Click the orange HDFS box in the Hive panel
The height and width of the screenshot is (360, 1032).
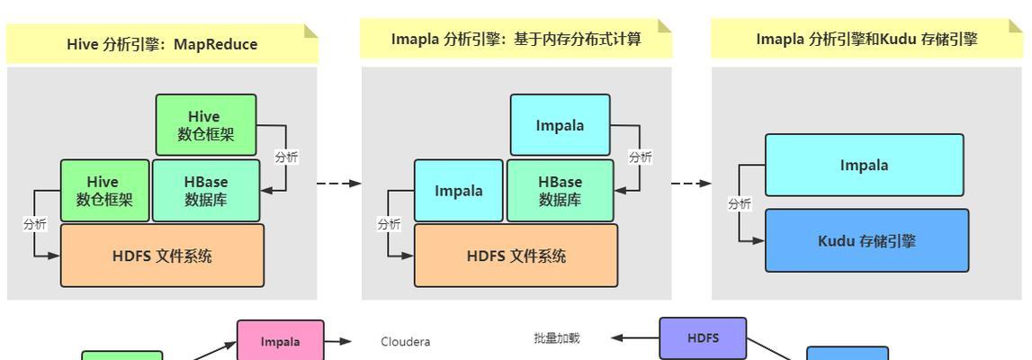pos(162,256)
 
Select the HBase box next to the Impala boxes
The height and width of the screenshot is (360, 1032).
pos(561,190)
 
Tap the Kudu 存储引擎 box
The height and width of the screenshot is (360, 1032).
pos(866,241)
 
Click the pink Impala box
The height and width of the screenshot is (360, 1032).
pos(281,340)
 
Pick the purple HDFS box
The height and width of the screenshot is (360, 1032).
pos(703,337)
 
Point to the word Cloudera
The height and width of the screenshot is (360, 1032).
pos(406,342)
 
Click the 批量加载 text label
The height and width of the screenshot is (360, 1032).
pos(557,338)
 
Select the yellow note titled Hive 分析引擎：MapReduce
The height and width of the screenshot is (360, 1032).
pos(162,44)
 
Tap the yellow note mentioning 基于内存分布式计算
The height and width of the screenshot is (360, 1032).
pos(516,39)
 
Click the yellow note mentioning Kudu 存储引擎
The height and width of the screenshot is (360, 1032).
pos(866,39)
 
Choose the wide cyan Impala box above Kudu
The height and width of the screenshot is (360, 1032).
pos(864,166)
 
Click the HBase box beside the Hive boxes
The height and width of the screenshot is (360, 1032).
pos(206,190)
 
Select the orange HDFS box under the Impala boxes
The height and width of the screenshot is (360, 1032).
pos(516,256)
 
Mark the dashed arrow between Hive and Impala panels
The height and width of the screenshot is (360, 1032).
pos(339,183)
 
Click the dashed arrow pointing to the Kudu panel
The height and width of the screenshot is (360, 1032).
pos(691,183)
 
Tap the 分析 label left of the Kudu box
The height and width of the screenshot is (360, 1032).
pos(739,204)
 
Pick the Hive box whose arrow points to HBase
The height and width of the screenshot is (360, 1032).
pos(206,125)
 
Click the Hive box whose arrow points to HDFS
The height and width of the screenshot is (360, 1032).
pos(104,190)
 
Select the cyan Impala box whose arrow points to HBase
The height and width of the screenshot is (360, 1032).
pos(561,125)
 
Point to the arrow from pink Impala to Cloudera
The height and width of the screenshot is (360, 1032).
pos(338,342)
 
